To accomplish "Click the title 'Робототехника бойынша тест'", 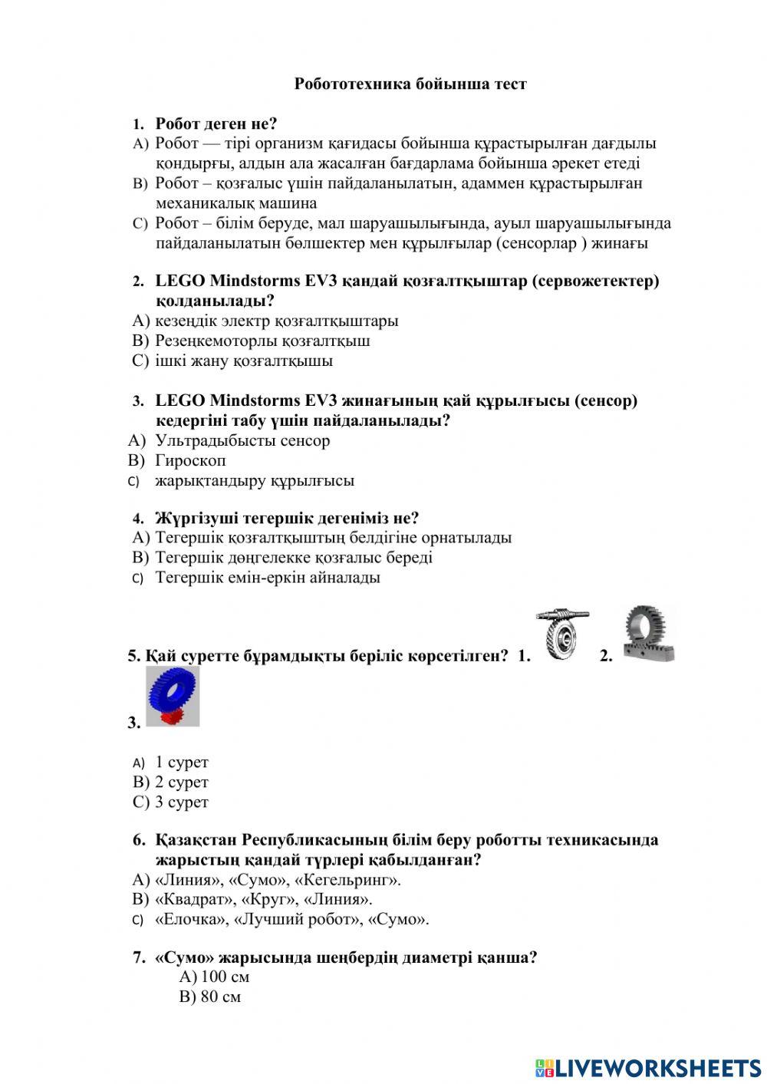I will click(410, 84).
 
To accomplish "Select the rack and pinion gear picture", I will click(649, 634).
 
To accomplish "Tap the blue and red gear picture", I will click(173, 696).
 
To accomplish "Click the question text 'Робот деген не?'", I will click(216, 124).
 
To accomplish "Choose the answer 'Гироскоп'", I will click(190, 460).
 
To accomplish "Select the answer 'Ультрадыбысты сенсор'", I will click(242, 440).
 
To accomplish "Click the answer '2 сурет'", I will click(182, 782).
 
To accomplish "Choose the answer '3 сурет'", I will click(182, 802).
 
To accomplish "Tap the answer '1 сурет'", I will click(182, 762).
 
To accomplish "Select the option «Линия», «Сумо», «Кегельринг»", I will click(278, 879).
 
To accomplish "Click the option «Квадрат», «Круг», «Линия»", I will click(263, 899).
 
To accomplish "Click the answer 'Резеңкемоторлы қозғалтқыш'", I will click(262, 341).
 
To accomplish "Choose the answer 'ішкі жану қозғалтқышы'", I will click(244, 361).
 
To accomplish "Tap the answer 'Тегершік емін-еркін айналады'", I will click(268, 577).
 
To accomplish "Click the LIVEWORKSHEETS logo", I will click(648, 1067).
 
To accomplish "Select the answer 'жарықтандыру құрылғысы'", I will click(255, 481).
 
